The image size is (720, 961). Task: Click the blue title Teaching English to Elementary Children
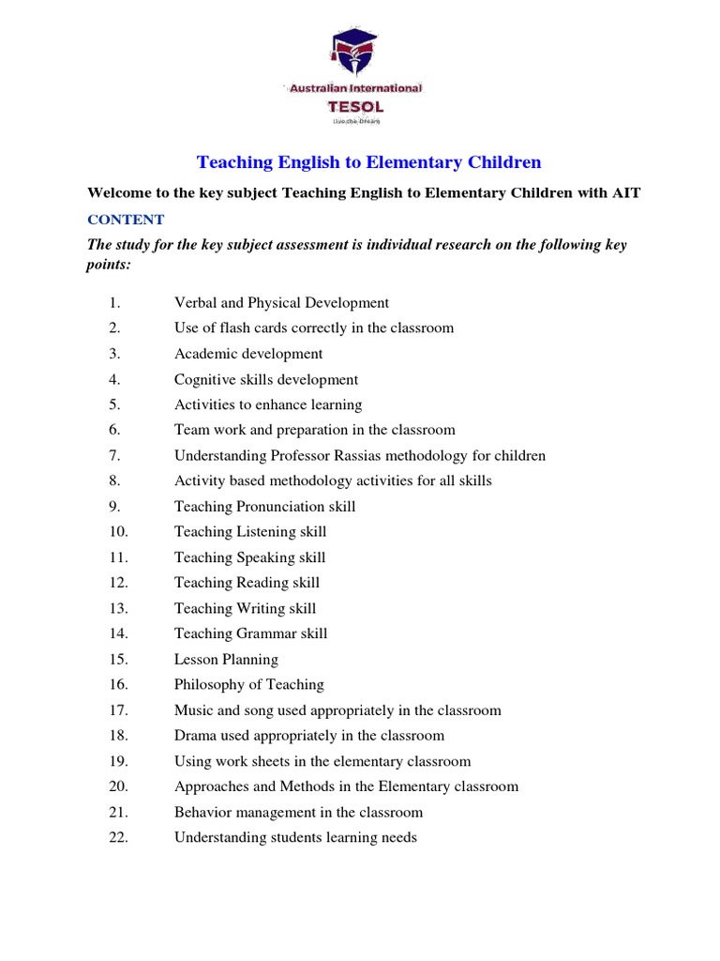click(368, 162)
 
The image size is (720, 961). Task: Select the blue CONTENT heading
click(126, 220)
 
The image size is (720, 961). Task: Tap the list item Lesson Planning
click(226, 659)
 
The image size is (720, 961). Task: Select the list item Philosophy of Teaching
click(248, 684)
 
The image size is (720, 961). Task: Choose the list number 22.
click(118, 837)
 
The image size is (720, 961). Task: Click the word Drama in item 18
click(195, 736)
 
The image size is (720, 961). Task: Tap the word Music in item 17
click(194, 710)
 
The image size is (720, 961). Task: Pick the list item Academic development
click(247, 354)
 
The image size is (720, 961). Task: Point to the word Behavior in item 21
click(203, 812)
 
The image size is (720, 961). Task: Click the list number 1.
click(114, 303)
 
